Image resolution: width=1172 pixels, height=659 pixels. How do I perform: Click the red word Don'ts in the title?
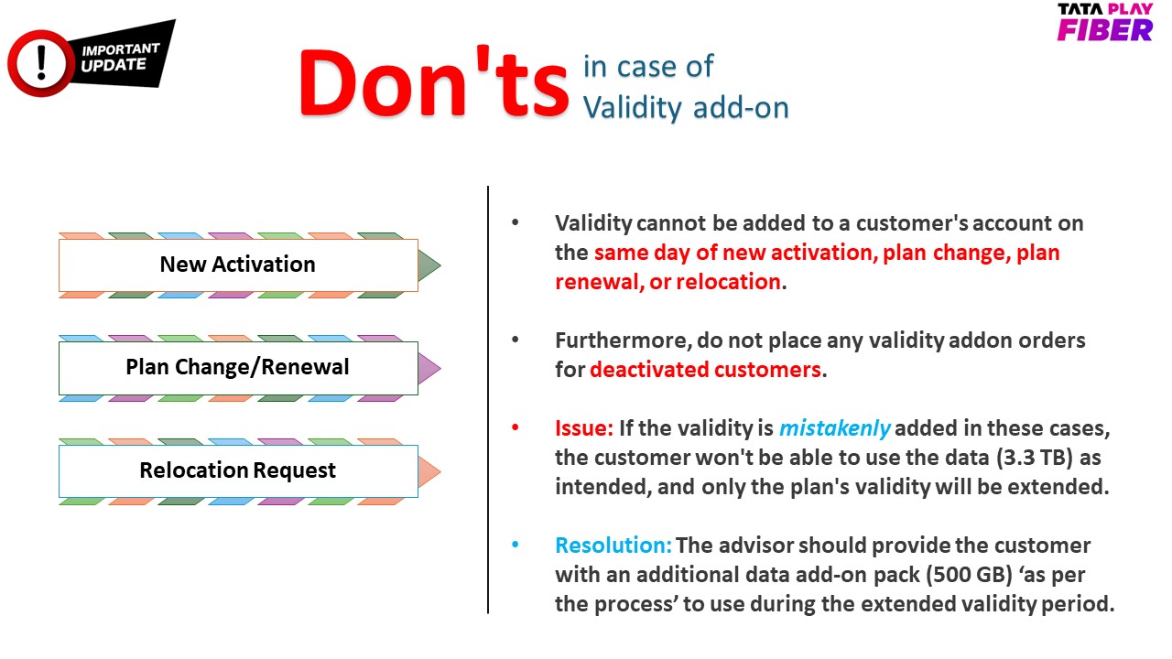tap(434, 82)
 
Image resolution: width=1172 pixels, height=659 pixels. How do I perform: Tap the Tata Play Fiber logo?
tap(1104, 22)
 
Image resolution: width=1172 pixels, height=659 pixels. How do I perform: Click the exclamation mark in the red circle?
tap(42, 63)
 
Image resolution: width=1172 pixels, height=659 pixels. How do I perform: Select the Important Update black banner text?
tap(120, 57)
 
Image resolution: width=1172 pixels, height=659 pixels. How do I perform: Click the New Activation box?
tap(238, 265)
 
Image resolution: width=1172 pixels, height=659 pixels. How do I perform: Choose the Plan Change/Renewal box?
tap(238, 368)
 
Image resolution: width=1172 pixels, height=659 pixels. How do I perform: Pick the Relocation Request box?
tap(238, 470)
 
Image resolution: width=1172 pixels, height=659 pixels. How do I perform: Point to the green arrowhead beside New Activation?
tap(429, 265)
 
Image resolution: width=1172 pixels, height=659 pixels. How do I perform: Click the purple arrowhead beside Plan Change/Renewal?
tap(429, 368)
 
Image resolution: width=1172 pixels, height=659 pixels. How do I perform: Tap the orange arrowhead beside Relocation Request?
tap(429, 471)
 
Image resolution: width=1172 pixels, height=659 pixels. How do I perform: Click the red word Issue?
tap(584, 428)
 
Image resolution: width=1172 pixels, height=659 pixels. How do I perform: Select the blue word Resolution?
tap(613, 546)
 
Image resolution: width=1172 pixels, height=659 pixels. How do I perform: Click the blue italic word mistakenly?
tap(834, 429)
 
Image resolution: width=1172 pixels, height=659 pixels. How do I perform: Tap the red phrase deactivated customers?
tap(705, 370)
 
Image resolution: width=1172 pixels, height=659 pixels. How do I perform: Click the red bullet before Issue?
tap(515, 427)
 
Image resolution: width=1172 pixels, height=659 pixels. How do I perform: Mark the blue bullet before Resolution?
tap(515, 545)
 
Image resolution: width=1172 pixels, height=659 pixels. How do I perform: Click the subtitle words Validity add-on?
tap(686, 108)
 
